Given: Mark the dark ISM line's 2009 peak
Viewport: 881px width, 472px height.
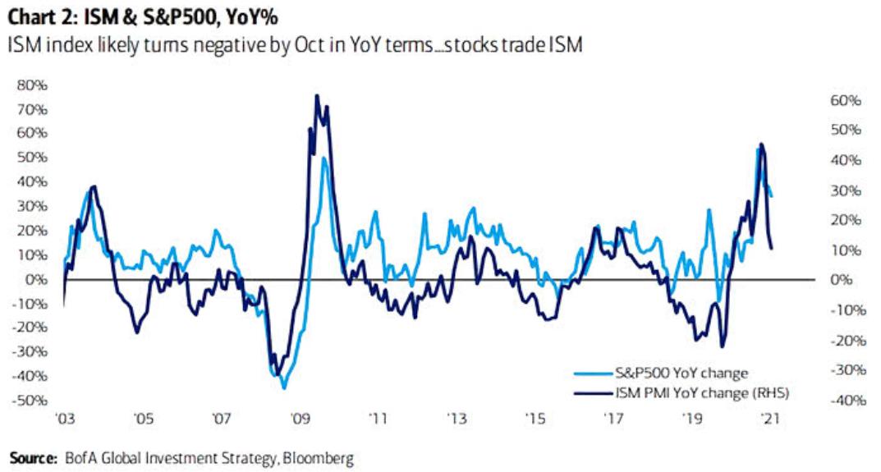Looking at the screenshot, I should tap(317, 96).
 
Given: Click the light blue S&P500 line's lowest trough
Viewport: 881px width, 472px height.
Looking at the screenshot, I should tap(283, 387).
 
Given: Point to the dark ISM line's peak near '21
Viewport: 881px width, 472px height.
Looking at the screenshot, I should tap(762, 144).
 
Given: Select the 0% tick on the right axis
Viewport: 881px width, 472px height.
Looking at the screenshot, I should tap(846, 280).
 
